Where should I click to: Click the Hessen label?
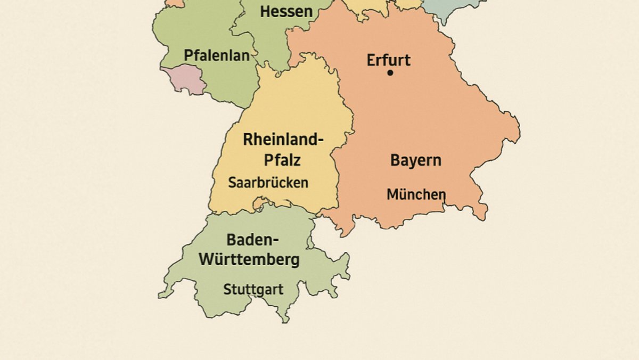tap(286, 11)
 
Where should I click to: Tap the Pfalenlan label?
tap(216, 55)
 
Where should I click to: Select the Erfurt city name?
tap(388, 60)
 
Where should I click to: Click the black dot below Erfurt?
tap(390, 72)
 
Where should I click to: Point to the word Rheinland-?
tap(283, 140)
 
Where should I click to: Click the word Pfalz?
tap(282, 160)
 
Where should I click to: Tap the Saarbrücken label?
tap(268, 183)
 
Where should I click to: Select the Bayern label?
tap(415, 160)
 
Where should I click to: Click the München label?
tap(416, 194)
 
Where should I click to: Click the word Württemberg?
tap(249, 260)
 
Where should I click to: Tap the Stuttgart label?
tap(253, 290)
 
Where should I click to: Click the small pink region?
tap(184, 79)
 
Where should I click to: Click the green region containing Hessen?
tap(266, 37)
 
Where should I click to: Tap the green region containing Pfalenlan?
tap(181, 32)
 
